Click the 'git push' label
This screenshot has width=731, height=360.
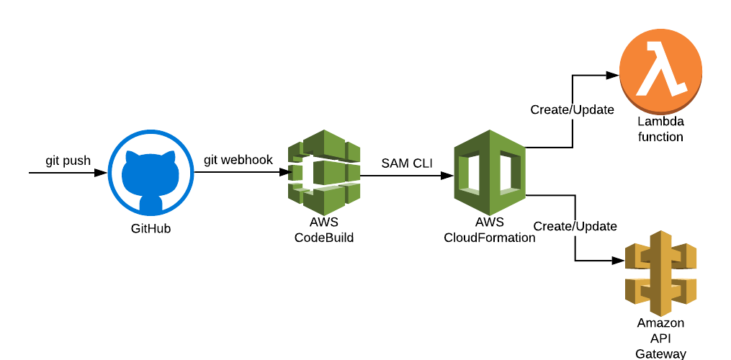tap(68, 161)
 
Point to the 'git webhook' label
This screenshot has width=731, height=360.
tap(238, 160)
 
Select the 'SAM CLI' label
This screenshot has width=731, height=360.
tap(407, 163)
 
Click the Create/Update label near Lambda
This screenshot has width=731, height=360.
tap(572, 110)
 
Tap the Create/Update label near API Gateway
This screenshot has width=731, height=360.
tap(575, 226)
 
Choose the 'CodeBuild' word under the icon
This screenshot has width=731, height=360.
tap(324, 237)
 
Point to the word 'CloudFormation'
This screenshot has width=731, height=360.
tap(490, 237)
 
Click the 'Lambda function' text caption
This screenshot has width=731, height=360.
tap(660, 129)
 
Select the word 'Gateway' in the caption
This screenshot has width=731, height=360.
tap(660, 353)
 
